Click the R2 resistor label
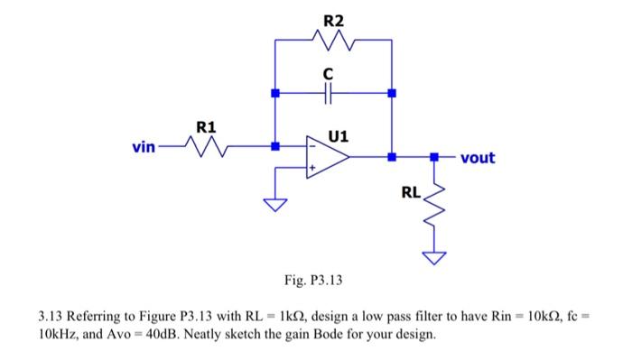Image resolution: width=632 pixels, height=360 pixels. [332, 20]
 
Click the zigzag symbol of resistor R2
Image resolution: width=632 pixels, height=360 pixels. [332, 40]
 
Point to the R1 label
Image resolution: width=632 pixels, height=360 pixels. [206, 127]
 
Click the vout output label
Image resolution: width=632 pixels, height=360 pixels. [478, 158]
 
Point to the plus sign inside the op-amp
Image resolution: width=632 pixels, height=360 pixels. [313, 168]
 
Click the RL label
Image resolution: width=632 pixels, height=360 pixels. [411, 192]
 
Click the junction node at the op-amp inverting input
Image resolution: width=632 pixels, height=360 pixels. [275, 145]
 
